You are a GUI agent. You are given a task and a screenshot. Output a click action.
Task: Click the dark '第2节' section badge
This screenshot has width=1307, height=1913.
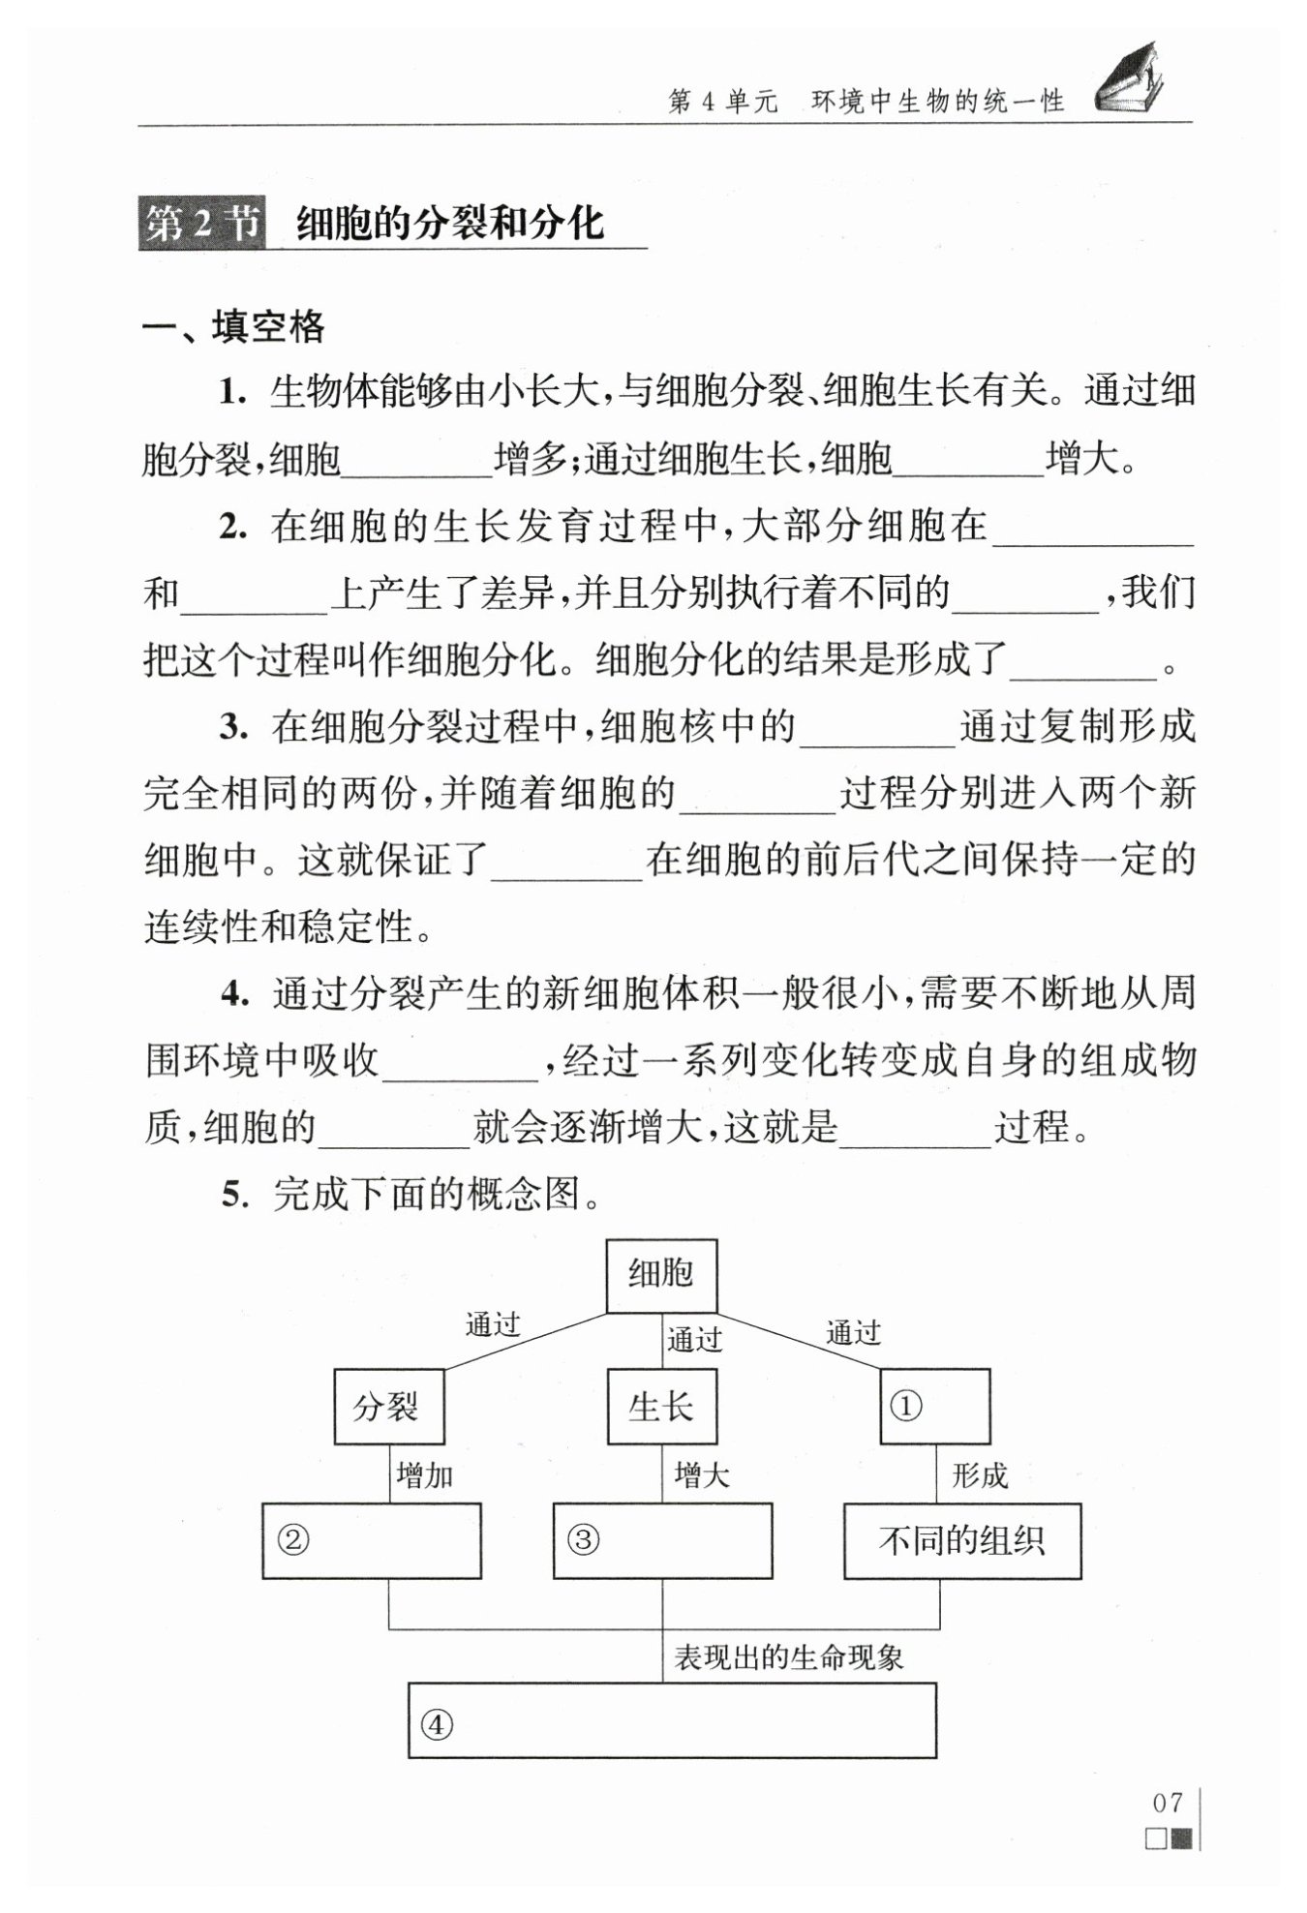click(x=201, y=224)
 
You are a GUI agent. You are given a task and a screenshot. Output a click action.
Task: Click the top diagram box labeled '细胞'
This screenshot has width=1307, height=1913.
click(x=661, y=1275)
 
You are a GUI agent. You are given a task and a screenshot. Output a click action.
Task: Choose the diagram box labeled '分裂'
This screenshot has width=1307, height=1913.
click(x=388, y=1406)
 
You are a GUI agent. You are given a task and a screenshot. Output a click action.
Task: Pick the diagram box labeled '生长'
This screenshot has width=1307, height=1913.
click(x=662, y=1406)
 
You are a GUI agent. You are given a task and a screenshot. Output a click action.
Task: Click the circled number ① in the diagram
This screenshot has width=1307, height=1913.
click(x=905, y=1406)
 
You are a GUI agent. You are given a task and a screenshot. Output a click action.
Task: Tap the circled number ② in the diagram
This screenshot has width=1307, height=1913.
click(x=293, y=1539)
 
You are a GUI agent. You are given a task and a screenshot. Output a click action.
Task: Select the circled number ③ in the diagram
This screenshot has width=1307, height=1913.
click(x=583, y=1539)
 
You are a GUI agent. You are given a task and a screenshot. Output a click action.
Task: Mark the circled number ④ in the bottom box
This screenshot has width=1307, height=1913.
click(x=437, y=1724)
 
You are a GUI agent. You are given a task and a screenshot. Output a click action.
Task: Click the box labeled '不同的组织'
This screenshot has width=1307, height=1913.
click(x=962, y=1540)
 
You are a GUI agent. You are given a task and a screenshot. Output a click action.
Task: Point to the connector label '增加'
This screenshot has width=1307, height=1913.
click(x=425, y=1476)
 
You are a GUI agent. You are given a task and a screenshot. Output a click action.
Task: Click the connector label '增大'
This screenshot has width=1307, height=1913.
click(x=701, y=1476)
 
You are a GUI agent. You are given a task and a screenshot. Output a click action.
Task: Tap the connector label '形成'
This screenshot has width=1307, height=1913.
click(x=979, y=1476)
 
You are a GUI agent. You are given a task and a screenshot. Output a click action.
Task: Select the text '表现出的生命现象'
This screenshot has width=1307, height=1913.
click(x=788, y=1658)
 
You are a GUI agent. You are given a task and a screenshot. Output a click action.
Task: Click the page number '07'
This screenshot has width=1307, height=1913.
click(x=1169, y=1803)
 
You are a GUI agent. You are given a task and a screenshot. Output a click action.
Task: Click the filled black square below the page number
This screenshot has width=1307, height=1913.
click(x=1182, y=1838)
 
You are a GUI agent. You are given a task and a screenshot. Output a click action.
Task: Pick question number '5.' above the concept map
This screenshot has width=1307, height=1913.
click(x=235, y=1195)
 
